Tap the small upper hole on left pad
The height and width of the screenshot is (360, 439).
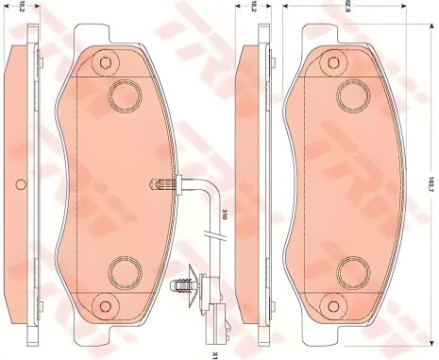(105, 63)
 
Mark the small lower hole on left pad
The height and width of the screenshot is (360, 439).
(105, 305)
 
